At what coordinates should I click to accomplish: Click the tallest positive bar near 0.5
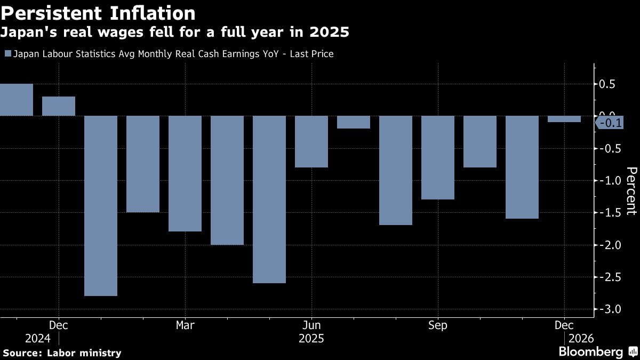tap(16, 100)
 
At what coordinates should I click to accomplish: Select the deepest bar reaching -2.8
tap(101, 205)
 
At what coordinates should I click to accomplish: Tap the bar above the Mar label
tap(185, 173)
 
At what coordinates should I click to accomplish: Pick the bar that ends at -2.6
tap(269, 199)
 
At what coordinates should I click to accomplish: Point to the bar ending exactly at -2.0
tap(227, 180)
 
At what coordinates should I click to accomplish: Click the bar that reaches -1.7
tap(396, 170)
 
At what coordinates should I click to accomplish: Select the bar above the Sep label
tap(438, 157)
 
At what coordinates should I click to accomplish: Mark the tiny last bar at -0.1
tap(564, 119)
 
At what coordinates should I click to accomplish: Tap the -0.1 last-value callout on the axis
tap(609, 123)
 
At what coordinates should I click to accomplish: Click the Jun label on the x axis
tap(311, 325)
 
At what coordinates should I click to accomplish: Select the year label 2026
tap(581, 339)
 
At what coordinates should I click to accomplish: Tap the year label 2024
tap(37, 339)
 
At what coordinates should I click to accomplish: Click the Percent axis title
tap(631, 190)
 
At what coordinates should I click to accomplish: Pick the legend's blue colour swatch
tap(7, 54)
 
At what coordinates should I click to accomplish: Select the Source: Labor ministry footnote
tap(62, 353)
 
